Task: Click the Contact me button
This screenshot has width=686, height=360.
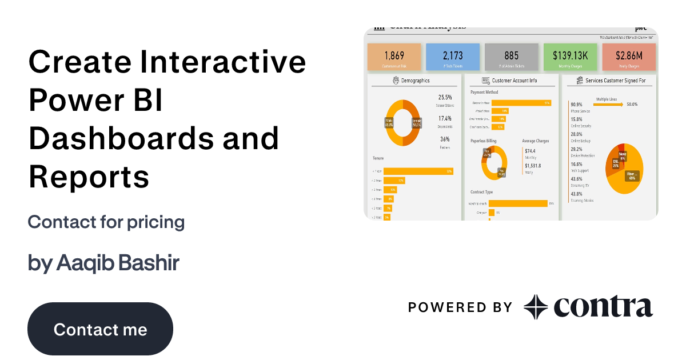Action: [x=100, y=329]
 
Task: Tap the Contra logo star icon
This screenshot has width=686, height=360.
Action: [x=536, y=307]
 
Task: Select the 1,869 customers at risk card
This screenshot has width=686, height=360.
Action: [x=394, y=57]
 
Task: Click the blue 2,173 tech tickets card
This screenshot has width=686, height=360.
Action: [x=453, y=57]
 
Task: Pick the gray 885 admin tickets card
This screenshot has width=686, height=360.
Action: [x=512, y=57]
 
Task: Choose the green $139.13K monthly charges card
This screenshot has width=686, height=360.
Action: [x=570, y=57]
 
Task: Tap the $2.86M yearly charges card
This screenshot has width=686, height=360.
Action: [x=629, y=57]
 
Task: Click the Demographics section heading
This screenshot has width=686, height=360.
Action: [x=416, y=81]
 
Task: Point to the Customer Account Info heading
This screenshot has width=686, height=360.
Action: [x=514, y=81]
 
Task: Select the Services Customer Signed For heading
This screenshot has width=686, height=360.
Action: [x=615, y=81]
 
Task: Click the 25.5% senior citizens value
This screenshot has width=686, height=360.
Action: [x=445, y=98]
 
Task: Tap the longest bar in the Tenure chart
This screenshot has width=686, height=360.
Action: [x=418, y=171]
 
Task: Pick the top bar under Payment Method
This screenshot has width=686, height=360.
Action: [x=520, y=103]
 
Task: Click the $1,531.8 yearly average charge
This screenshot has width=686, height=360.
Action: [x=533, y=166]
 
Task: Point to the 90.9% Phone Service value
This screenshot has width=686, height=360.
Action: [x=576, y=105]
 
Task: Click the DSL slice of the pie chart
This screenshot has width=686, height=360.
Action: [x=615, y=163]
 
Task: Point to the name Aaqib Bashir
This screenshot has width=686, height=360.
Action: [x=118, y=263]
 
